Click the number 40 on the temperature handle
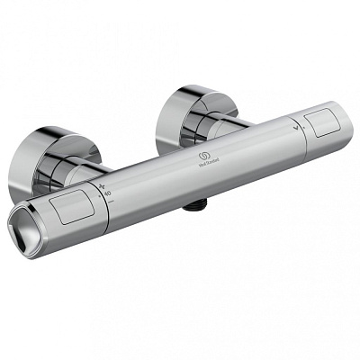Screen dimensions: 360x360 [107, 193]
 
